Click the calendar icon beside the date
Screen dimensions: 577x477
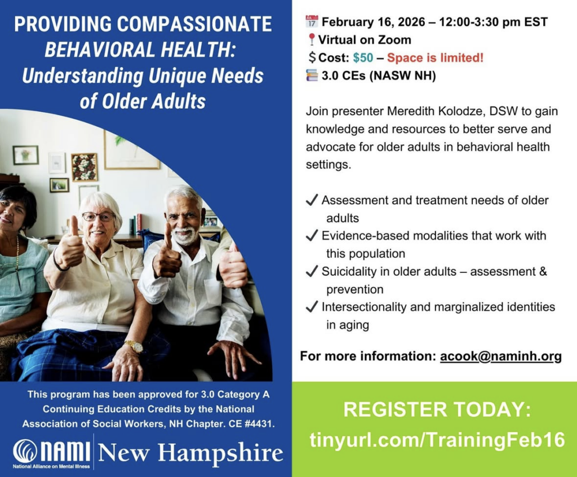[312, 21]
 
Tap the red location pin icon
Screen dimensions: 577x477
[312, 39]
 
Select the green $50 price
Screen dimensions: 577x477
[363, 58]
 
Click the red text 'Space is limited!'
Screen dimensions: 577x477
[435, 58]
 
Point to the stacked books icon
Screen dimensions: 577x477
[312, 75]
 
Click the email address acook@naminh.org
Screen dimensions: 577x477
[501, 356]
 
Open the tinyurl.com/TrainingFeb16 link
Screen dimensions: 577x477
[437, 439]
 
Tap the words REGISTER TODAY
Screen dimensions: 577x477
[437, 409]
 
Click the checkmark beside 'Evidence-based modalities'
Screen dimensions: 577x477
[312, 235]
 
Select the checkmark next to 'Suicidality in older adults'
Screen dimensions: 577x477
[312, 271]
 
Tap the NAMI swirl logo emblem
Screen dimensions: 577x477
[25, 451]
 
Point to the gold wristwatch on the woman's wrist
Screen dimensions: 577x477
[134, 346]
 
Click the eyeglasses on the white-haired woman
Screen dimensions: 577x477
[98, 217]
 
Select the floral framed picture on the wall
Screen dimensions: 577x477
[85, 167]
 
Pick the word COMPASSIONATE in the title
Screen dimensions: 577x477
[195, 24]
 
